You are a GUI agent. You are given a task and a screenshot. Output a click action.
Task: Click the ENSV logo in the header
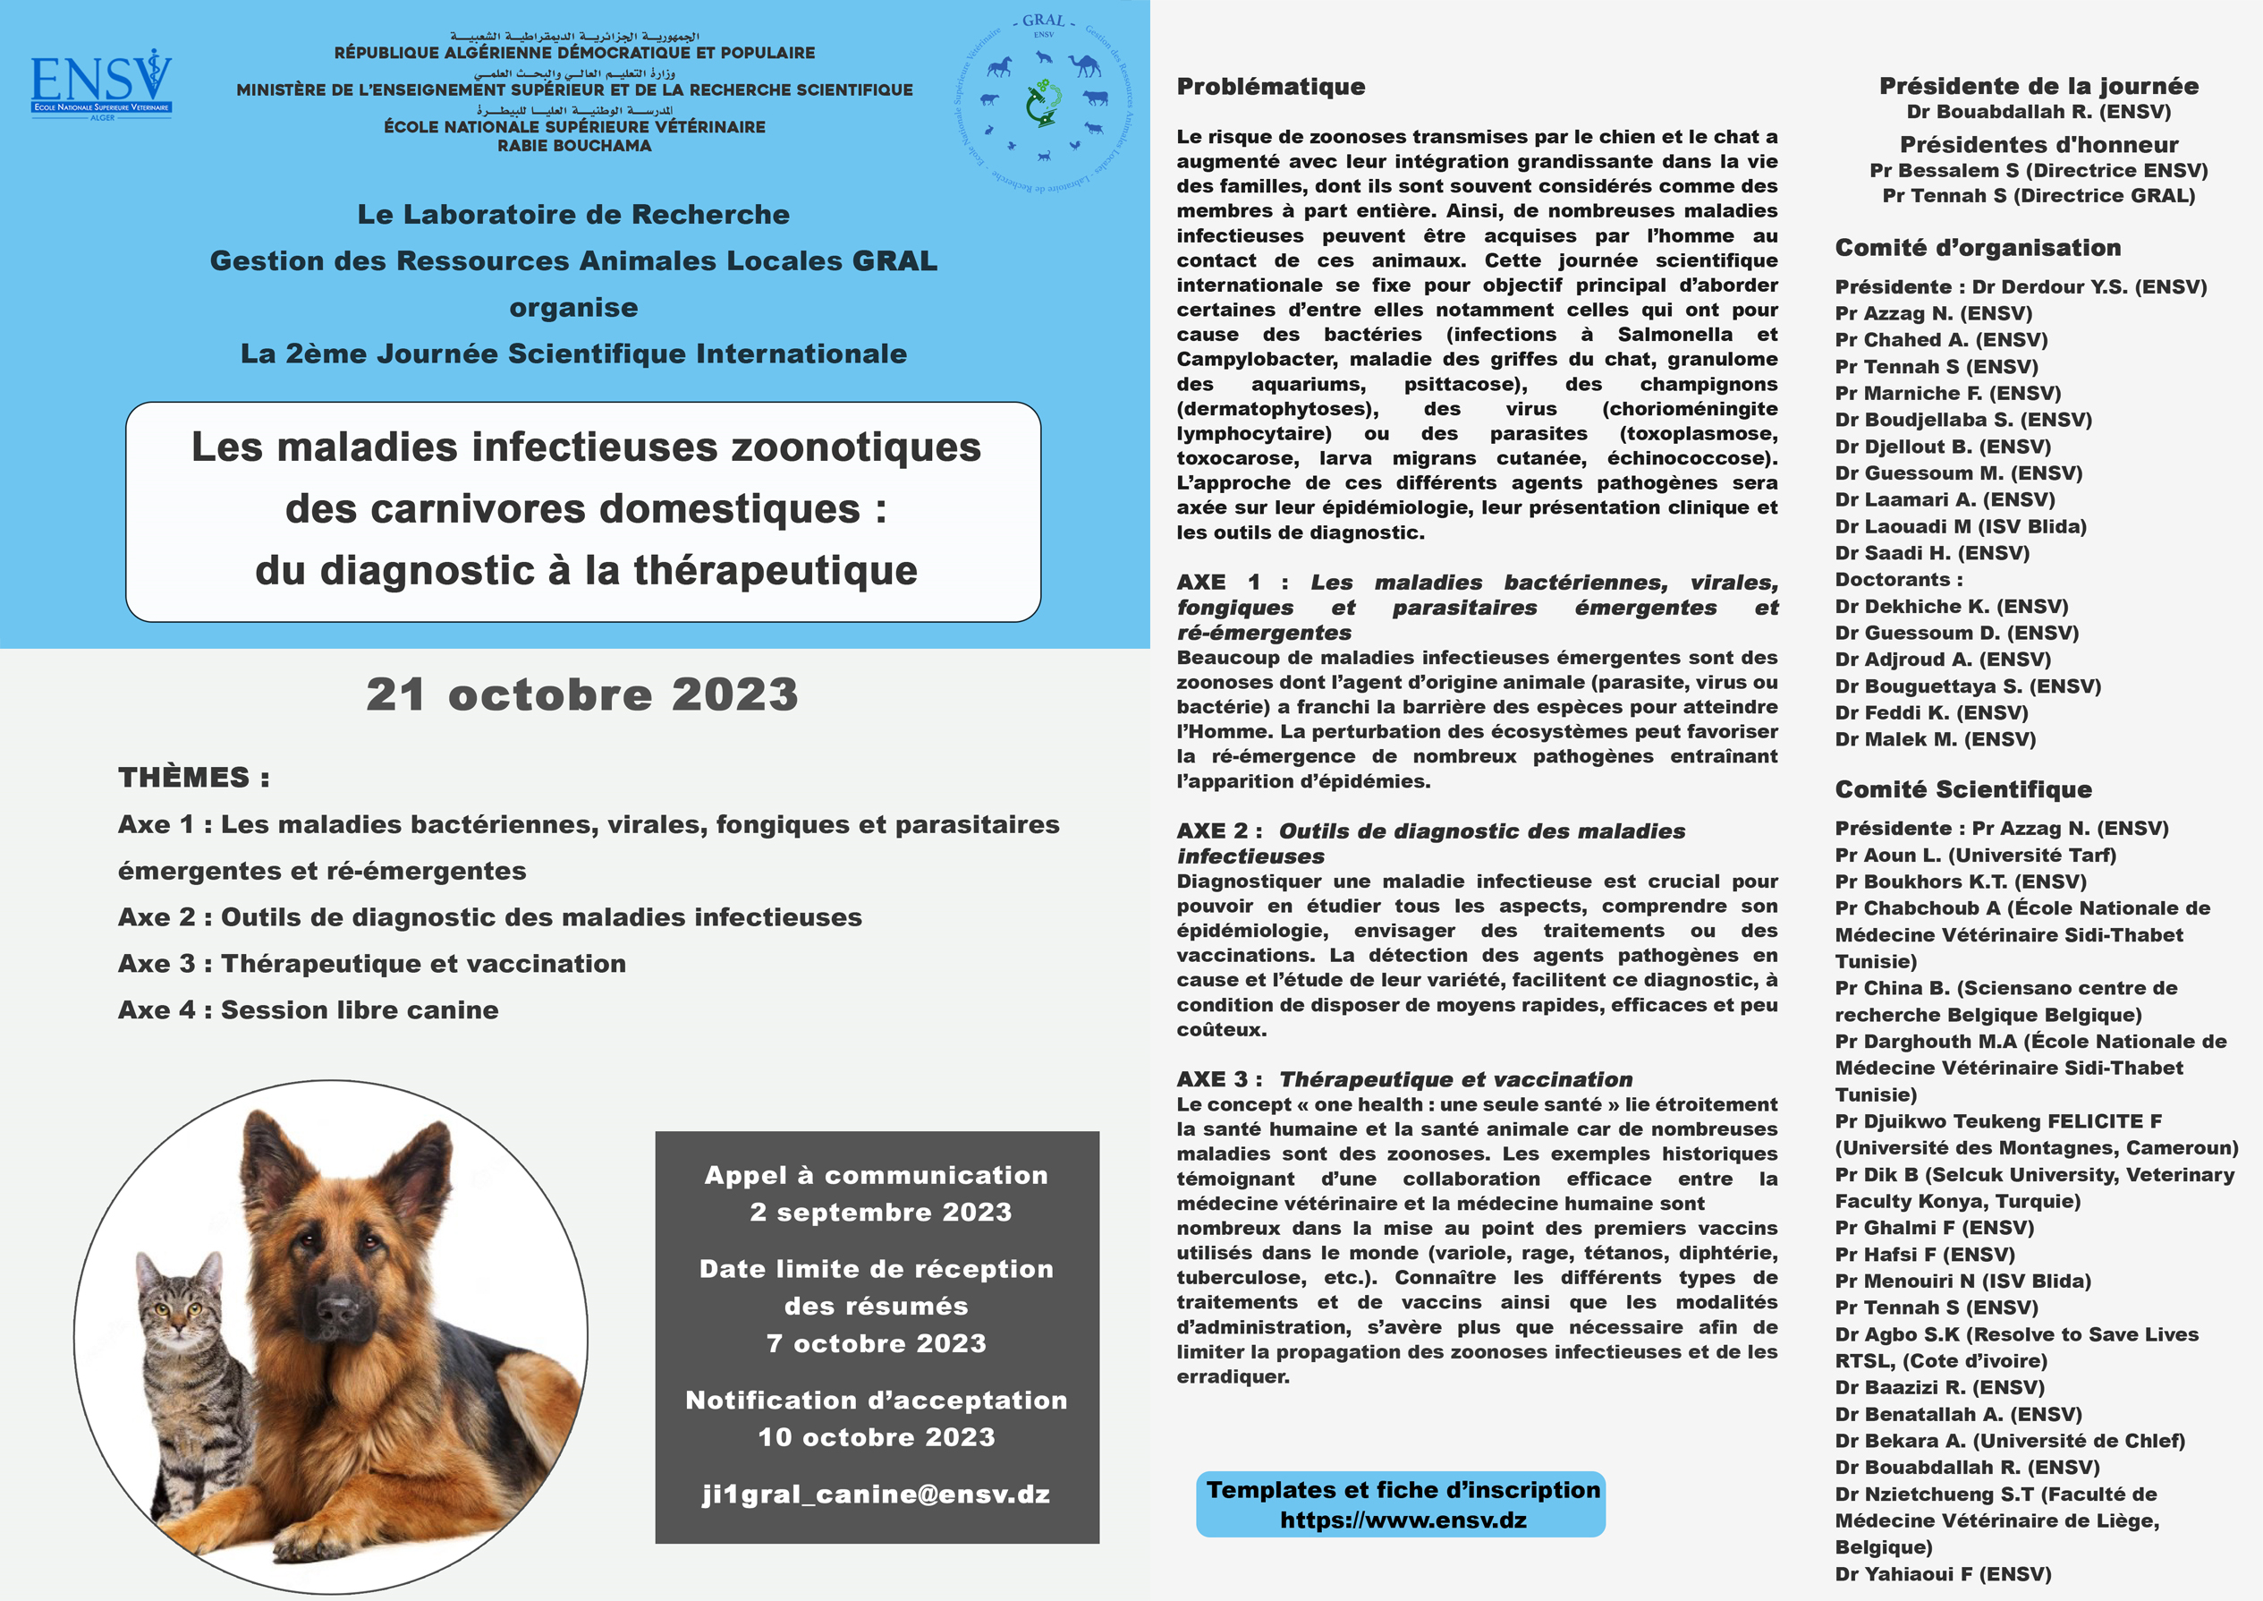(x=101, y=85)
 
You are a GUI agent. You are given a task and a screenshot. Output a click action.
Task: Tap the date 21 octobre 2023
(x=581, y=694)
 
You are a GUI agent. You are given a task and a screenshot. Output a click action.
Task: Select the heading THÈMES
(x=193, y=778)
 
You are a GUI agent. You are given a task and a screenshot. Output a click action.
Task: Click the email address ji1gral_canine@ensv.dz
(x=877, y=1495)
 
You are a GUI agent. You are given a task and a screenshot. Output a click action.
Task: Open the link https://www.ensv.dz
(x=1403, y=1520)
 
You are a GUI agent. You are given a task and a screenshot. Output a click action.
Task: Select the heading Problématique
(x=1270, y=87)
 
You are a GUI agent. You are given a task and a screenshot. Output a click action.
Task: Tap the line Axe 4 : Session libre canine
(x=308, y=1010)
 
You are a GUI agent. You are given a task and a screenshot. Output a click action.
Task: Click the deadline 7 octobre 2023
(x=877, y=1343)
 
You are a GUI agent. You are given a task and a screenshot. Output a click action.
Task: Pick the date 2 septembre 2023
(x=880, y=1213)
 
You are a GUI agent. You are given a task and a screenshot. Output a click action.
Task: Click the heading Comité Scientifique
(x=1962, y=789)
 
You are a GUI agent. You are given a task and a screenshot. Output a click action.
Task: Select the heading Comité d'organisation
(x=1977, y=249)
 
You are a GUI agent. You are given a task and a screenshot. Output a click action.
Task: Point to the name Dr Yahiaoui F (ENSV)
(x=1943, y=1574)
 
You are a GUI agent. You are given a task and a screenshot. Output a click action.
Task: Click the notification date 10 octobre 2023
(x=877, y=1437)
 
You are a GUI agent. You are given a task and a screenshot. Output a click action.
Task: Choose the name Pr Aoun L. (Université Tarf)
(x=1975, y=856)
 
